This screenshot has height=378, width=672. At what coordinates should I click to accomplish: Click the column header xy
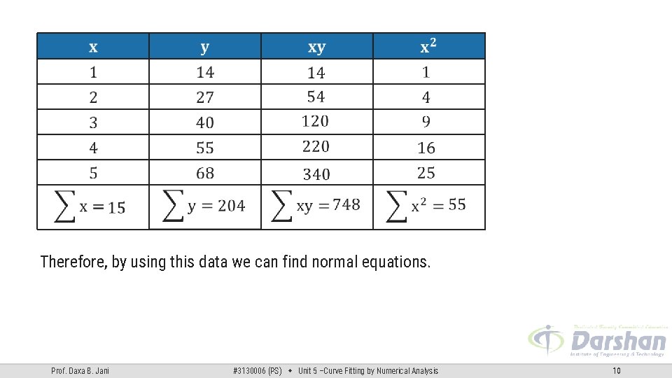pos(316,47)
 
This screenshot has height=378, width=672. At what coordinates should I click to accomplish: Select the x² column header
pos(428,46)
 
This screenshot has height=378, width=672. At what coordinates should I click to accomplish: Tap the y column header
pos(204,47)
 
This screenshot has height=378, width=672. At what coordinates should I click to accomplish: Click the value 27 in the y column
pos(205,97)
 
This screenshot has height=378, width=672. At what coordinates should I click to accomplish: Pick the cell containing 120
pos(315,121)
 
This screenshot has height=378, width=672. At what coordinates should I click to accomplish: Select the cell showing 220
pos(315,146)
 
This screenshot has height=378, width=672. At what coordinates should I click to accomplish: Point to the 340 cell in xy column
pos(316,174)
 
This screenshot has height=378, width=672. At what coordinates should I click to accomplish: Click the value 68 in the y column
pos(205,173)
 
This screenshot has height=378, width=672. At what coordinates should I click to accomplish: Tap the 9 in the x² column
pos(426,122)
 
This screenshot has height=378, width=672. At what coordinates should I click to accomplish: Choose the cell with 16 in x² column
pos(426,148)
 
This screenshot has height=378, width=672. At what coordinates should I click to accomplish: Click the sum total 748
pos(346,204)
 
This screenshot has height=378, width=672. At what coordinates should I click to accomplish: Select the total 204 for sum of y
pos(231,206)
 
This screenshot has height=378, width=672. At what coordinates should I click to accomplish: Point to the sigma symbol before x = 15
pos(65,206)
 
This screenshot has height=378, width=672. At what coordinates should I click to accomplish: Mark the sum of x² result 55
pos(457,204)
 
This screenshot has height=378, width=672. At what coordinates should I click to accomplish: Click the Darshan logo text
pos(618,341)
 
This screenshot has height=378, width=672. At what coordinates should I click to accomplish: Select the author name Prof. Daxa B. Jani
pos(80,371)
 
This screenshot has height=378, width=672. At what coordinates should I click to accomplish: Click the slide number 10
pos(617,371)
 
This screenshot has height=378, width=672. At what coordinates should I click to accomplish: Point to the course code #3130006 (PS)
pos(257,371)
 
